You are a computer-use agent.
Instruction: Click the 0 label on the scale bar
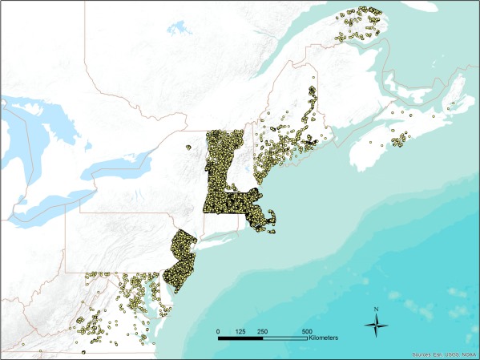219,331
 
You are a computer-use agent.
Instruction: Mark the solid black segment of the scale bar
241,338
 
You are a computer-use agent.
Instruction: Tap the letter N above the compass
376,308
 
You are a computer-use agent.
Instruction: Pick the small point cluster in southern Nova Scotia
397,141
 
